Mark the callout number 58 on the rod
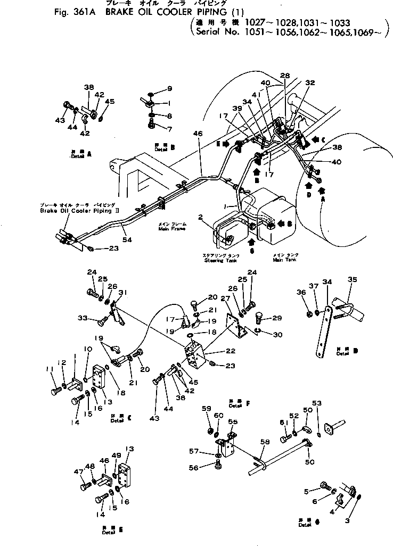pyautogui.click(x=265, y=441)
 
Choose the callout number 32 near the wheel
pyautogui.click(x=310, y=83)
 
